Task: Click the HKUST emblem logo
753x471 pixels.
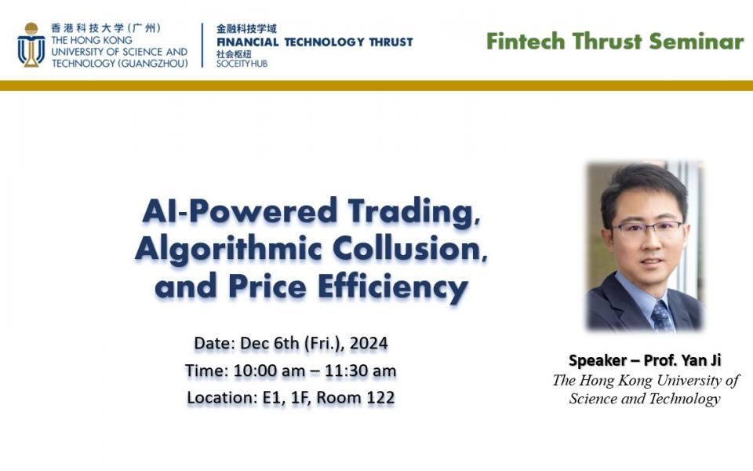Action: coord(31,45)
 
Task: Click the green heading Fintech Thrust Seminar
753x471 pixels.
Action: coord(615,42)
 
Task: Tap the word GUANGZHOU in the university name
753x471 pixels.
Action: coord(154,64)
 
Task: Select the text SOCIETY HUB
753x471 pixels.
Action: coord(242,64)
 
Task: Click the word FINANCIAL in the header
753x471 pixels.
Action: coord(247,42)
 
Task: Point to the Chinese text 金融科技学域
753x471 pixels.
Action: coord(246,29)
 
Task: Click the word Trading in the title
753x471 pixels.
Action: coord(414,212)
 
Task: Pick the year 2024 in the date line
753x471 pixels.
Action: coord(369,343)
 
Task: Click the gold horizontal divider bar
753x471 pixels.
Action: coord(376,86)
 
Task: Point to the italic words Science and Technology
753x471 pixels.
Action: coord(645,399)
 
